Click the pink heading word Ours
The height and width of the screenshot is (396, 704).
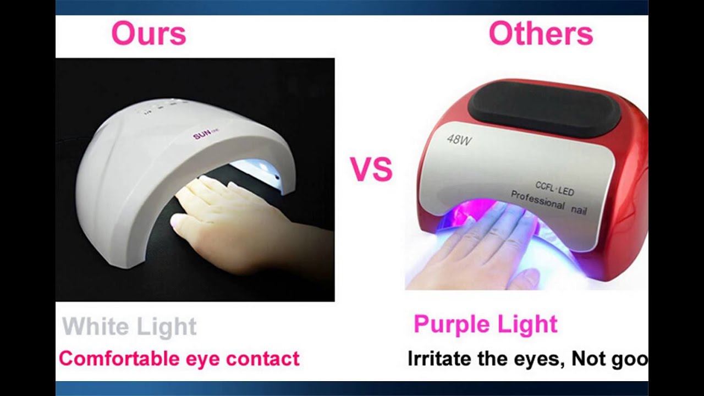pos(148,34)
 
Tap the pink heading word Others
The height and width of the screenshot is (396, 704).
pos(541,34)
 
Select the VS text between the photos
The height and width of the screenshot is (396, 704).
pos(371,169)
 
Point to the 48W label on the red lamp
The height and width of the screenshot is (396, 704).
pos(459,139)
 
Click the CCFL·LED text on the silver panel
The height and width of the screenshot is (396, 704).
pos(554,188)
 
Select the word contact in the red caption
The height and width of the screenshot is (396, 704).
pos(263,359)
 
